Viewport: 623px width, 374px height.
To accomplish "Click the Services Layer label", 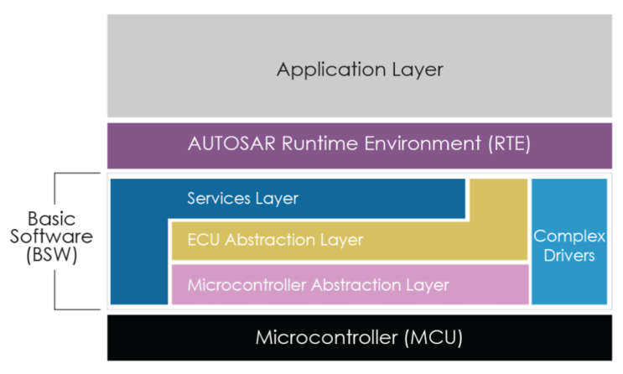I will (x=242, y=199).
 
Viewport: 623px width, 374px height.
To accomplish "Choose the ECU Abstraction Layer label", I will (x=275, y=240).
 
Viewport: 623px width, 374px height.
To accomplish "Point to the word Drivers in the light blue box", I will (x=568, y=255).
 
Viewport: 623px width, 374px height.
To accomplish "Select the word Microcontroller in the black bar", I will (x=323, y=338).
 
